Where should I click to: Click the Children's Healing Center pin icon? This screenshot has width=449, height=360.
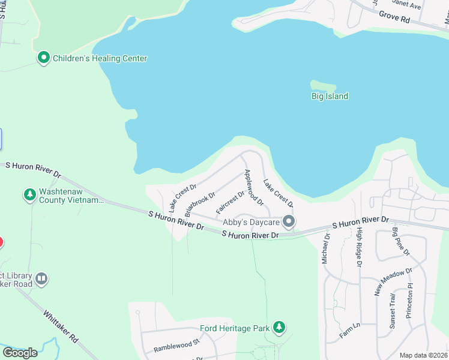coord(44,58)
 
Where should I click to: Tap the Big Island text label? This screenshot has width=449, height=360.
coord(330,96)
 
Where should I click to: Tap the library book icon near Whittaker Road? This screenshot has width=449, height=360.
coord(41,278)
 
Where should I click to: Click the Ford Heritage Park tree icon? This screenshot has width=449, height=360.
coord(279,328)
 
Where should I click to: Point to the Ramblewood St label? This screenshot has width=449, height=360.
coord(176,345)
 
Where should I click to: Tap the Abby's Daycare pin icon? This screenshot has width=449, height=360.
coord(289,222)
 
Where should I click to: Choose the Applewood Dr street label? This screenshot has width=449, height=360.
coord(253,187)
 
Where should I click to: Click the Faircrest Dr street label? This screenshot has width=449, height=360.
coord(231,202)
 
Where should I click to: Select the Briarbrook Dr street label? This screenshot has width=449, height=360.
coord(200,204)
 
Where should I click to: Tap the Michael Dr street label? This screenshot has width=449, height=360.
coord(326,248)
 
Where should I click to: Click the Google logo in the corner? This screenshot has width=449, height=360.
coord(20,353)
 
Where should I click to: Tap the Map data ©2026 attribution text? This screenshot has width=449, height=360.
coord(423,355)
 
